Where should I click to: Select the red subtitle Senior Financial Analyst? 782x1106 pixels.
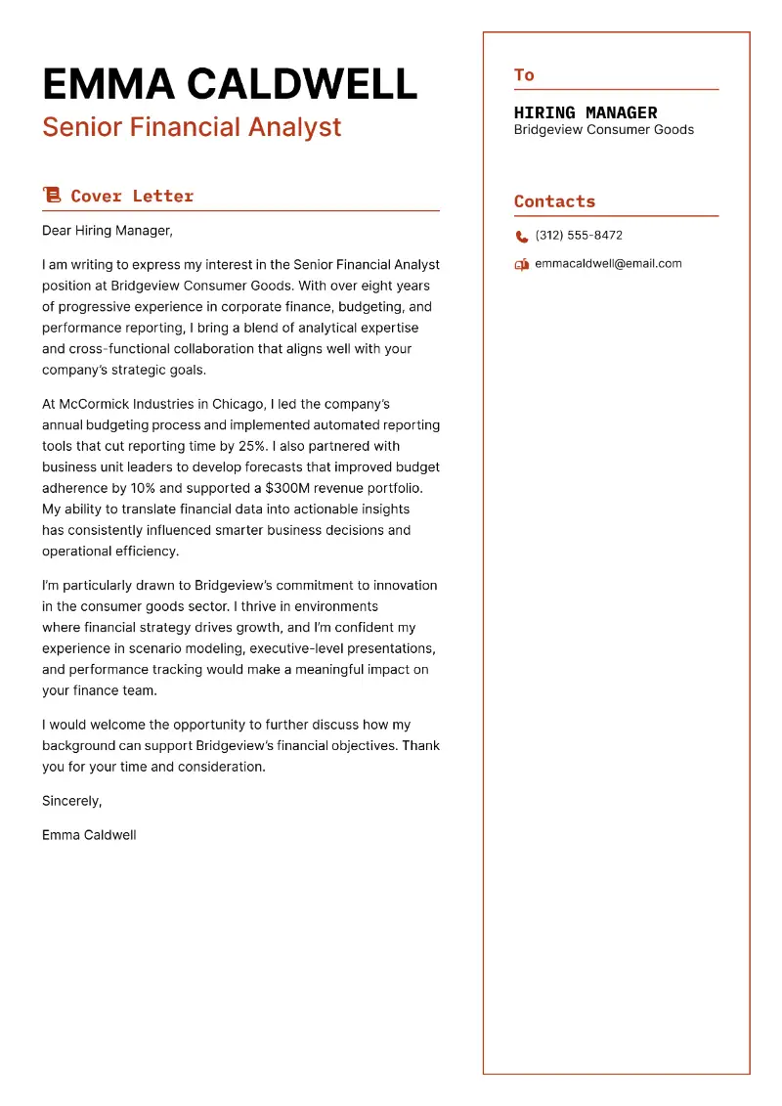click(x=192, y=127)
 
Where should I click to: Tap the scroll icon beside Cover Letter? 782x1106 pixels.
click(x=52, y=196)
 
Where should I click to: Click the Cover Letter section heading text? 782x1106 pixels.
click(x=132, y=196)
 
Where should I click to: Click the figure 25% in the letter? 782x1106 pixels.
click(x=249, y=446)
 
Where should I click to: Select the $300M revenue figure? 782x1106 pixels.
click(x=288, y=488)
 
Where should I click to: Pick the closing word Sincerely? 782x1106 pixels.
click(x=71, y=801)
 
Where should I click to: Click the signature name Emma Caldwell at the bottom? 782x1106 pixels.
click(x=89, y=835)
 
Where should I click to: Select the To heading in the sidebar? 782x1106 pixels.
click(x=524, y=75)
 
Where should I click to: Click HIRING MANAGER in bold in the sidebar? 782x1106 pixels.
click(x=586, y=112)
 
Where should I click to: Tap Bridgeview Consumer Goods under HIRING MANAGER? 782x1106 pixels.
click(x=603, y=130)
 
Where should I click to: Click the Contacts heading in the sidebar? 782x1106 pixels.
click(x=554, y=201)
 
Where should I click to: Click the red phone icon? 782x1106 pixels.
click(x=521, y=236)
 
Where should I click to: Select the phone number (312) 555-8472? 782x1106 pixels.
click(x=579, y=236)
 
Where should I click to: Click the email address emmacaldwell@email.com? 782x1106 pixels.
click(x=608, y=264)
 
